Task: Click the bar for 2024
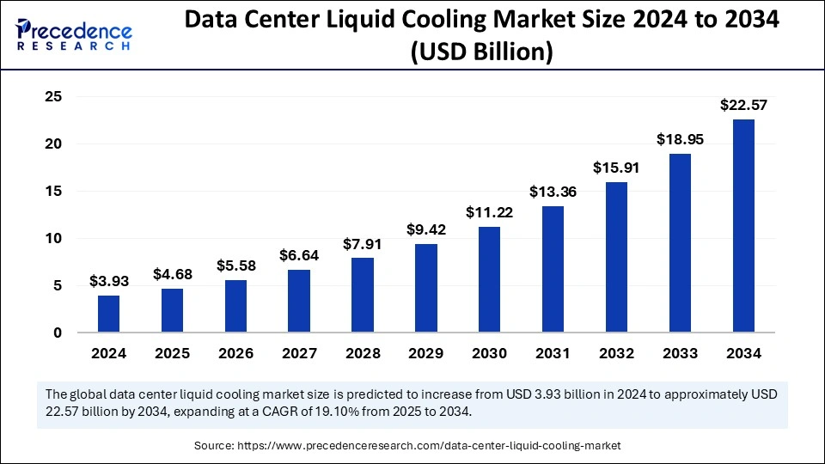(108, 314)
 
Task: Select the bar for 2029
(425, 288)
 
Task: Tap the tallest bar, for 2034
(743, 225)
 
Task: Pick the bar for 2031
(553, 269)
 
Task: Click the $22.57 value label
(743, 106)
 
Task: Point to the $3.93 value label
(108, 282)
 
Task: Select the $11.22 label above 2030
(489, 212)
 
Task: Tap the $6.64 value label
(299, 255)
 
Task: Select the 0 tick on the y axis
(58, 333)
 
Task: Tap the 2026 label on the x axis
(235, 353)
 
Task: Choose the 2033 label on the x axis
(680, 353)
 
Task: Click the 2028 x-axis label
(363, 353)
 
